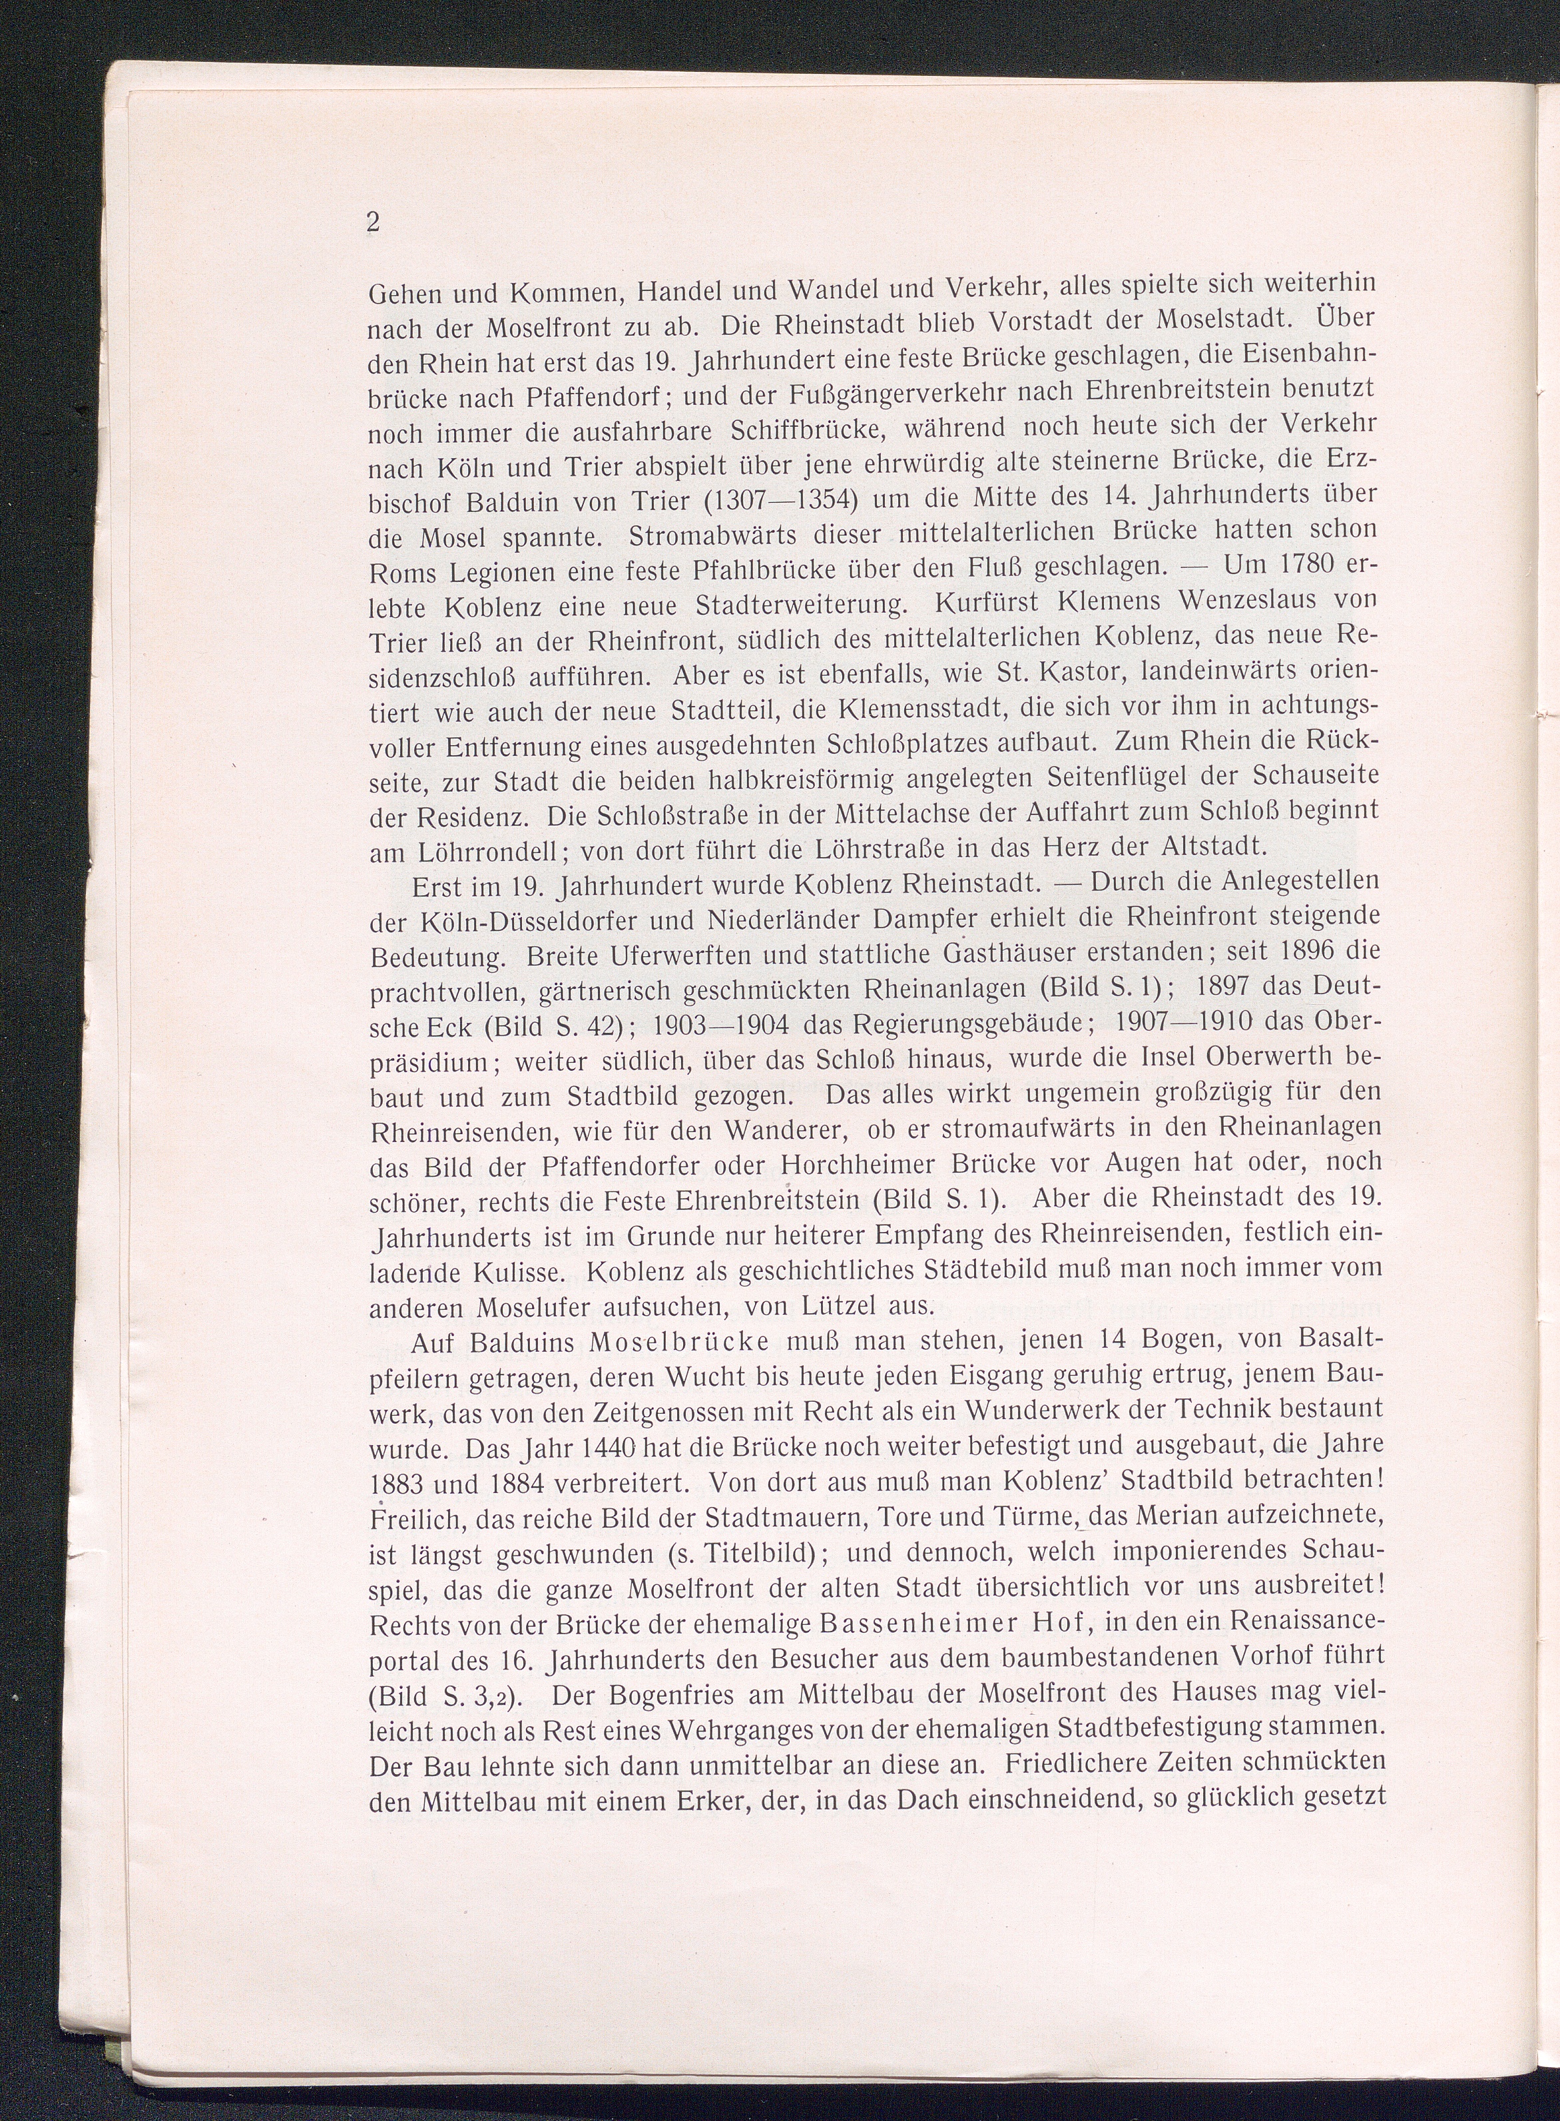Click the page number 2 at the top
click(373, 223)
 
